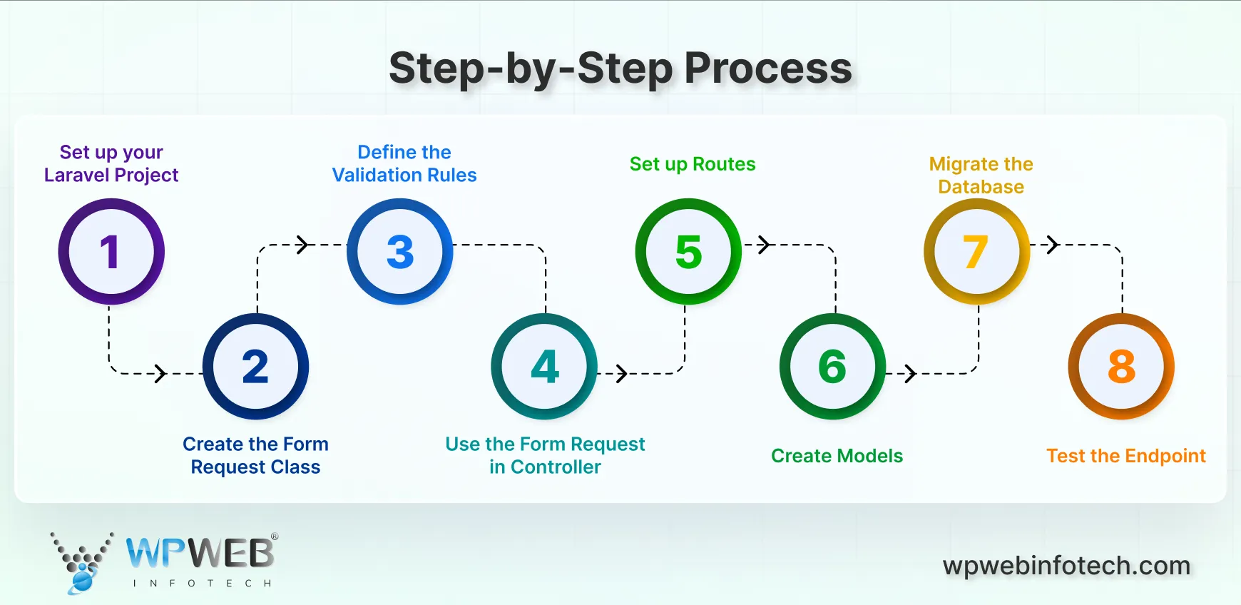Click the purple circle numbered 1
(x=111, y=252)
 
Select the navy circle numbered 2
(x=255, y=367)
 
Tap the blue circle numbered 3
(x=400, y=252)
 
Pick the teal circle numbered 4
(x=544, y=367)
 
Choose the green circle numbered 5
(x=688, y=252)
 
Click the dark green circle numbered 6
(x=832, y=367)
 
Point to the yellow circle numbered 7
(x=976, y=252)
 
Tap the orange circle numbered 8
(x=1121, y=367)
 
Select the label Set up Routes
(x=692, y=164)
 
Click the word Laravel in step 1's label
(x=76, y=175)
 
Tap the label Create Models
(x=837, y=456)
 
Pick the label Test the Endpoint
(x=1125, y=456)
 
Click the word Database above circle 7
(x=981, y=187)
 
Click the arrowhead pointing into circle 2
(x=161, y=373)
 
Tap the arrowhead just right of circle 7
(x=1053, y=245)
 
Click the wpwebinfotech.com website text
(x=1066, y=566)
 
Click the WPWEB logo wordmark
(x=200, y=553)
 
